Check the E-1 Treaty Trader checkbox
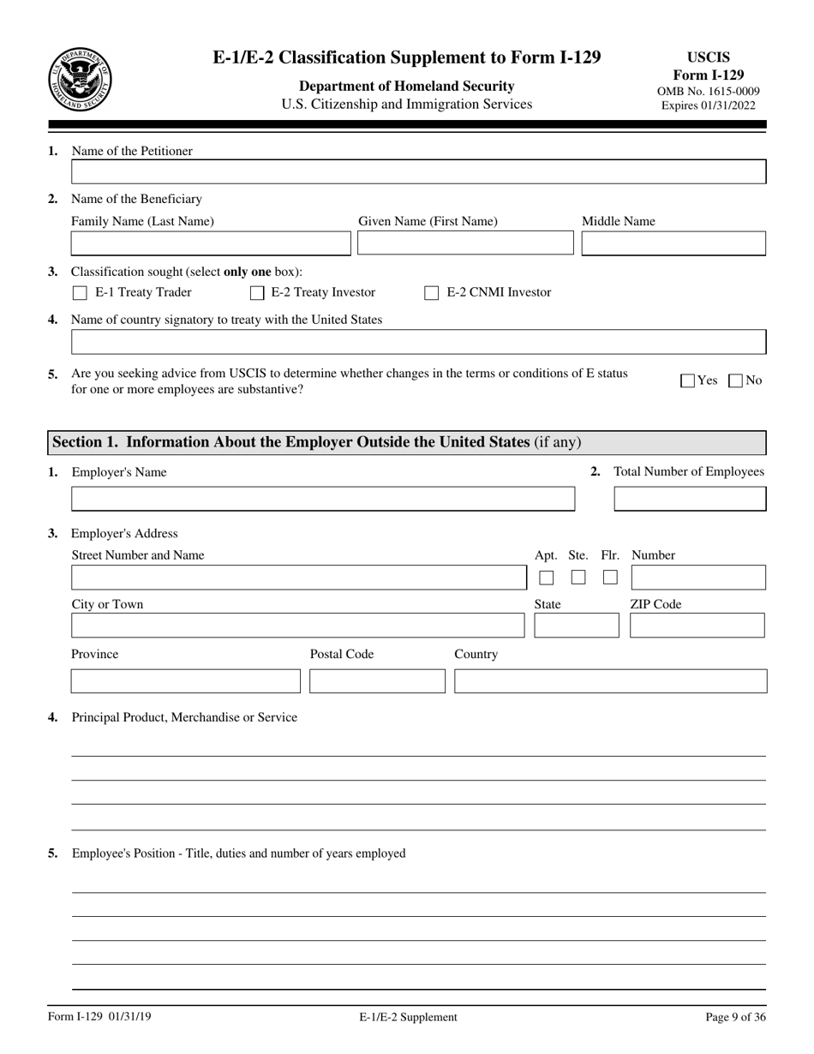(80, 293)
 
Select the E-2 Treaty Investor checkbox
(257, 293)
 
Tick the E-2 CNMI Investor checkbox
(432, 293)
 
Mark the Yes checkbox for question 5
(687, 381)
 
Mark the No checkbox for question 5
(735, 381)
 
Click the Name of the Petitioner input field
(418, 172)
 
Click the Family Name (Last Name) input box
(211, 244)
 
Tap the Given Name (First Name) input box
(465, 244)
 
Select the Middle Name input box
(673, 244)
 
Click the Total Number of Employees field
(690, 499)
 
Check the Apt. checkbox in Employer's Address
(546, 578)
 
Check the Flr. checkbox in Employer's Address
(610, 578)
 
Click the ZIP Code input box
(697, 626)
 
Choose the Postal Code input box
(377, 681)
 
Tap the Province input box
(185, 681)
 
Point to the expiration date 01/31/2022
(708, 105)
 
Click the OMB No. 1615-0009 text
(708, 91)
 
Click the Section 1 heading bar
(406, 442)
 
